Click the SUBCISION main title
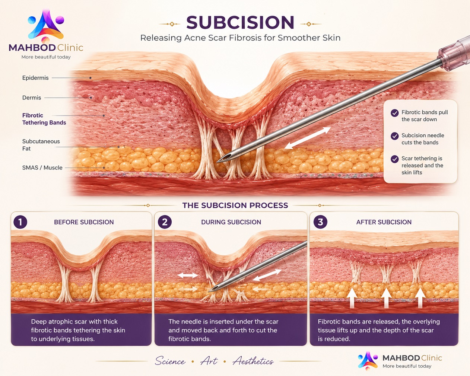point(240,22)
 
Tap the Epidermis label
point(35,78)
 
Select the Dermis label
point(32,98)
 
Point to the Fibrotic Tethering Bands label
point(44,119)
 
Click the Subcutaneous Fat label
point(41,145)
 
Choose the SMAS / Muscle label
point(42,168)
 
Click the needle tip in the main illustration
point(217,162)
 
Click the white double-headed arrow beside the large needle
point(308,138)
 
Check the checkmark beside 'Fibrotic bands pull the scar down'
point(394,113)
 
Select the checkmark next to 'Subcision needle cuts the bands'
point(394,136)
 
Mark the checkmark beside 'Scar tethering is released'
point(394,159)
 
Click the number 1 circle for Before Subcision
point(20,222)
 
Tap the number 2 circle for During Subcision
point(165,222)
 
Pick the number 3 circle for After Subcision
point(320,222)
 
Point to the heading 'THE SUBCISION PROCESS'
point(235,205)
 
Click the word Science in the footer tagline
point(170,361)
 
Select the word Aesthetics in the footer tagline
point(253,361)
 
